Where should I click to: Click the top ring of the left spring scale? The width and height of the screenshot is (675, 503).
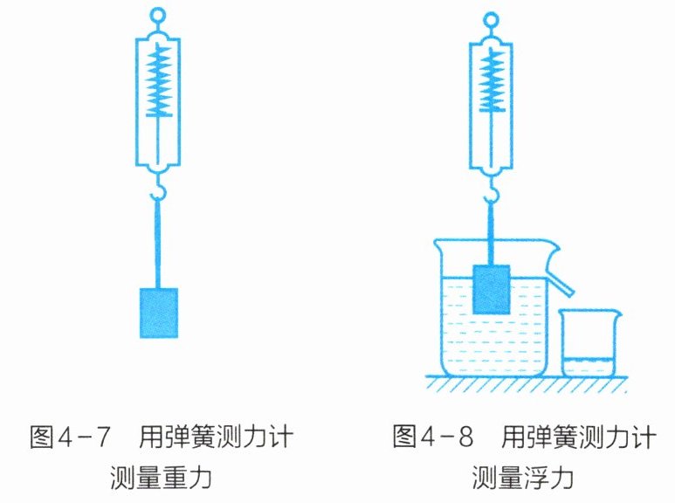point(158,10)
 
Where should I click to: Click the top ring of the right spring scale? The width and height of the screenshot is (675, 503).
point(491,13)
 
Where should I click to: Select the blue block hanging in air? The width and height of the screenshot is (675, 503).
point(159,314)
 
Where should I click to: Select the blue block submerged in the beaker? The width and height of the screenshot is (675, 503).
point(491,289)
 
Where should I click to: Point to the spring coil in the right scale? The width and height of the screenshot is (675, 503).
point(491,81)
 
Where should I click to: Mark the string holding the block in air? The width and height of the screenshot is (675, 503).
point(158,244)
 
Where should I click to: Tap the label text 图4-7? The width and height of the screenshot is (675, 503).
point(70,437)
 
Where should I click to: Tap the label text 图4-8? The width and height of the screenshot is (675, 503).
point(432,436)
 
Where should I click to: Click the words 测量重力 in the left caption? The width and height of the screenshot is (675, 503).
point(161,477)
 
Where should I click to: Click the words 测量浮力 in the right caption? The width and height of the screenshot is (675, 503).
point(522,477)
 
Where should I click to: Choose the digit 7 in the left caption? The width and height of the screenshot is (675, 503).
point(102,437)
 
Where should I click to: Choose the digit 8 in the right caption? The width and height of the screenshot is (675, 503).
point(465,437)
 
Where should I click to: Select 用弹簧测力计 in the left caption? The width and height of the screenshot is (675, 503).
point(216,437)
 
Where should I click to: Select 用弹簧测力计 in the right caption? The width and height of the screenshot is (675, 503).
point(579,437)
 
